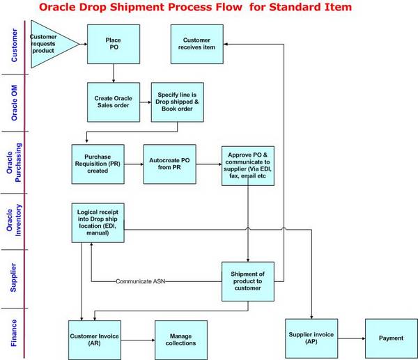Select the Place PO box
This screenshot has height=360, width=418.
point(113,44)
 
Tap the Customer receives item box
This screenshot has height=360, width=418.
point(196,43)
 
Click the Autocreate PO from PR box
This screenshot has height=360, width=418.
point(169,164)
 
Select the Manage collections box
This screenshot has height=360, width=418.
point(181,340)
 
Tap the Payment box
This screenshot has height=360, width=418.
point(391,338)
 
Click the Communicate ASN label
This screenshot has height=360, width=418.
point(141,281)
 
